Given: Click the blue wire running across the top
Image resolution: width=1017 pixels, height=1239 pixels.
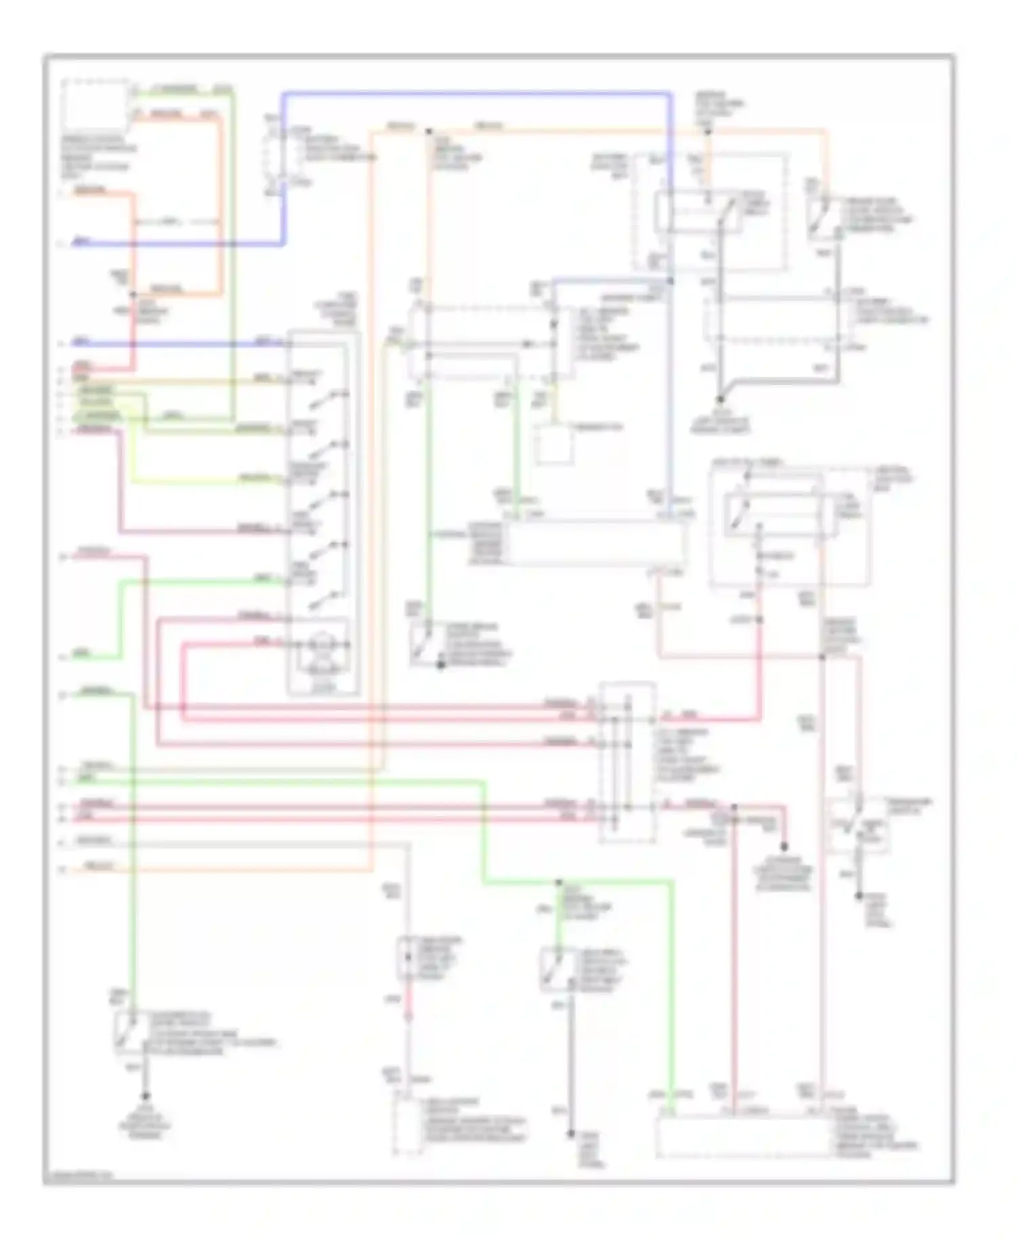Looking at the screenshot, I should click(x=475, y=94).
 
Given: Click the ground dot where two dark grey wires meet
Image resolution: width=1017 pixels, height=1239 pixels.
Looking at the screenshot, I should click(x=721, y=401).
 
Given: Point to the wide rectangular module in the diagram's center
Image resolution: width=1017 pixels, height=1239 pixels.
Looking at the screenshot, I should click(x=597, y=544).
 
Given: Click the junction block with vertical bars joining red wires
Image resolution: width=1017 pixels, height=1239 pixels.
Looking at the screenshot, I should click(x=627, y=763).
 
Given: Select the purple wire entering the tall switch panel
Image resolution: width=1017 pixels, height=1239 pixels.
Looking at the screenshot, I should click(x=203, y=531).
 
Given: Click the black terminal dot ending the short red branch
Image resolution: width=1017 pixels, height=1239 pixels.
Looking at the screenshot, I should click(x=784, y=847).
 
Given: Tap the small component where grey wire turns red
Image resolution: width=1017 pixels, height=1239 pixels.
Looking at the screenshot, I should click(x=407, y=957).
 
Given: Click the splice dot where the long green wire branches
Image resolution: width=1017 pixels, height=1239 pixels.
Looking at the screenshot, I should click(x=559, y=882).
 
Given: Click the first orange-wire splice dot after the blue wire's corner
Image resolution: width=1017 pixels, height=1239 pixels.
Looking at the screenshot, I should click(x=428, y=131).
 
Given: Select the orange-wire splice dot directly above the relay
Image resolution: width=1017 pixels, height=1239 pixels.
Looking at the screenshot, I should click(x=707, y=131).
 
